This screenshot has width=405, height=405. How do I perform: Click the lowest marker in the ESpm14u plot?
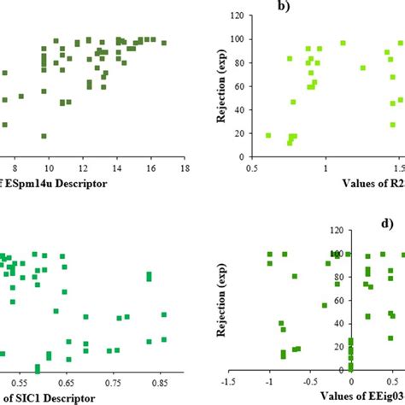coord(44,136)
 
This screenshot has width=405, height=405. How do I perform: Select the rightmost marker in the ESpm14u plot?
coord(164,43)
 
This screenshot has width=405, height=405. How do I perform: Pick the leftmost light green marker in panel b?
coord(268,135)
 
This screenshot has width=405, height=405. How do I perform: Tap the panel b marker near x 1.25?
coord(362,67)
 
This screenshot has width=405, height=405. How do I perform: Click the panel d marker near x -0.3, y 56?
coord(325,305)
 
